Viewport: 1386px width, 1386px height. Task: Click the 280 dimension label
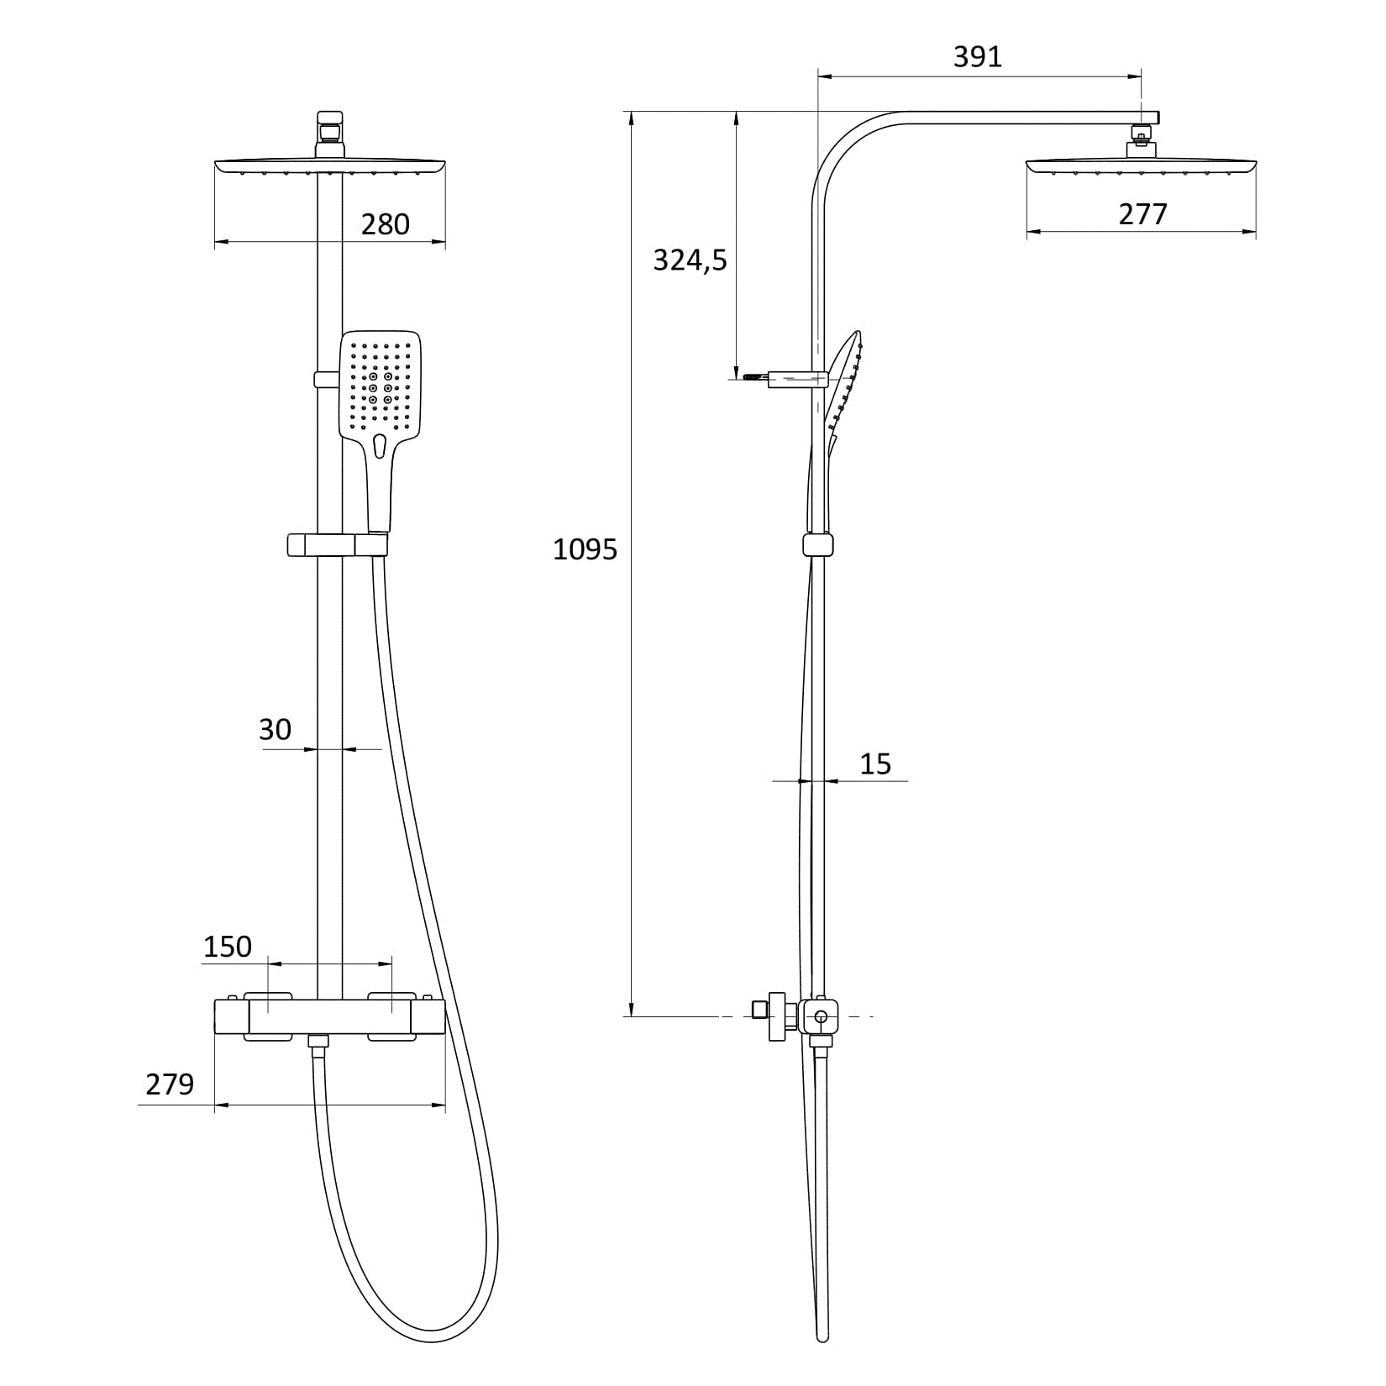(385, 224)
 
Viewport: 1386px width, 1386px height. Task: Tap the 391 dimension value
(978, 56)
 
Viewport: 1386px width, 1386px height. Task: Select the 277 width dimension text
(1142, 214)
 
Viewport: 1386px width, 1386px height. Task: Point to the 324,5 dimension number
(690, 260)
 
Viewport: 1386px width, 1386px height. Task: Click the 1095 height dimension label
(585, 549)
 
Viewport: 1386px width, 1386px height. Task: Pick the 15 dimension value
(874, 764)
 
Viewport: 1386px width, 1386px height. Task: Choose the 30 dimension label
(275, 729)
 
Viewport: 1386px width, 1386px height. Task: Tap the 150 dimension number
(227, 947)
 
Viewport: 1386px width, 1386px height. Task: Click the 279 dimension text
(170, 1084)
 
